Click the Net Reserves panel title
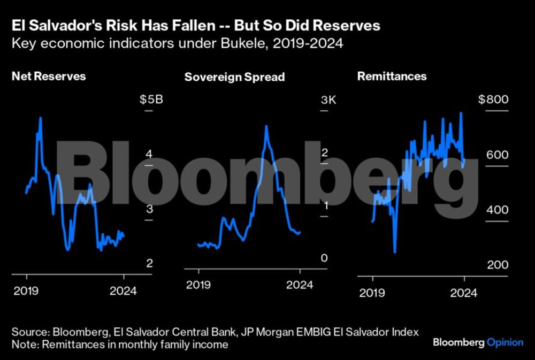point(49,76)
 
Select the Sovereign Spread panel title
point(234,77)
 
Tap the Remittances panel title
point(392,76)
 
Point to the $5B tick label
point(148,100)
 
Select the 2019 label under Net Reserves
point(26,292)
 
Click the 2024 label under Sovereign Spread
point(300,285)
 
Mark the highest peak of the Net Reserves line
point(40,117)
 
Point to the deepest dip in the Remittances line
point(395,252)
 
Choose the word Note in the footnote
point(23,345)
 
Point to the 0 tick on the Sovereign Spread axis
point(324,259)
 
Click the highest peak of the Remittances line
point(461,113)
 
